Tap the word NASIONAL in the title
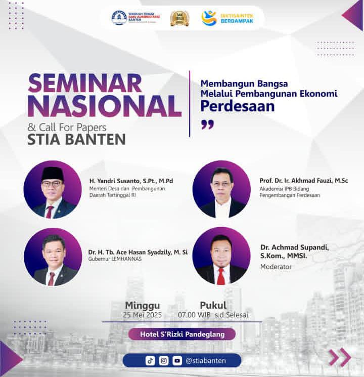coord(104,106)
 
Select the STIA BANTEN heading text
coord(76,139)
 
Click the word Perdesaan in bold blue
coord(237,106)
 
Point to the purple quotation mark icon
coord(207,124)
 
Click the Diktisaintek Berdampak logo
coord(227,18)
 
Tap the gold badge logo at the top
coord(179,18)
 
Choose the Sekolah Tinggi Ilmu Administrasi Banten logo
coord(135,18)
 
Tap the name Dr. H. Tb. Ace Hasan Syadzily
coord(138,252)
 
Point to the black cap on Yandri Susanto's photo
coord(53,174)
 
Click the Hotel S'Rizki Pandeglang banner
coord(182,334)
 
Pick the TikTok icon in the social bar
coord(150,361)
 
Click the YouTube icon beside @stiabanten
coord(176,361)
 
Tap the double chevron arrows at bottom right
coord(339,357)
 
